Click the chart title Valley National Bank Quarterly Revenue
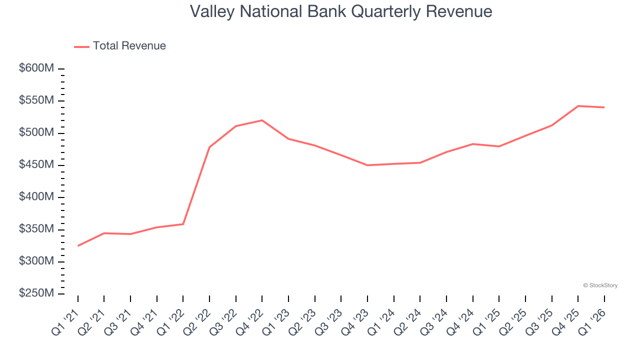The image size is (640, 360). pyautogui.click(x=341, y=11)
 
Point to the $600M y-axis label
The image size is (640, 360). pyautogui.click(x=36, y=68)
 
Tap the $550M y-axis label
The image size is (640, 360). pyautogui.click(x=36, y=100)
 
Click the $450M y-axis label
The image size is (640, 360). pyautogui.click(x=36, y=165)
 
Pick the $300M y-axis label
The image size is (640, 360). pyautogui.click(x=36, y=261)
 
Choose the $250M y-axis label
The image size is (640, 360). pyautogui.click(x=36, y=293)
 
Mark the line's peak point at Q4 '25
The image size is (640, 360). pyautogui.click(x=578, y=106)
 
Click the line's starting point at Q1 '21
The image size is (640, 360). pyautogui.click(x=78, y=246)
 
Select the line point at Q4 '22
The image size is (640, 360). pyautogui.click(x=262, y=120)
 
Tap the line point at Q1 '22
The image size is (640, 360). pyautogui.click(x=183, y=224)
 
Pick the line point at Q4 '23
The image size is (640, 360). pyautogui.click(x=367, y=165)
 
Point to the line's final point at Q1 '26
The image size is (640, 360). pyautogui.click(x=604, y=107)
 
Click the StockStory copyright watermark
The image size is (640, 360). pyautogui.click(x=600, y=285)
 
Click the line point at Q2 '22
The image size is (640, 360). pyautogui.click(x=209, y=147)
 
